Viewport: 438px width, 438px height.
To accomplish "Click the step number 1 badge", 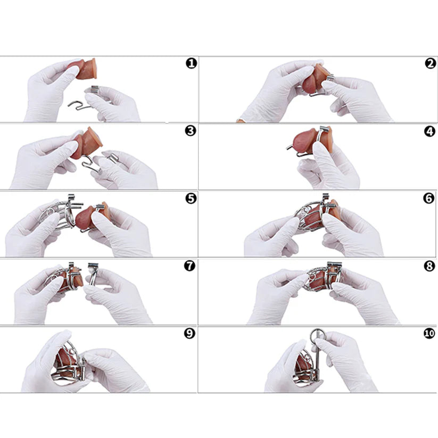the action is [x=191, y=63].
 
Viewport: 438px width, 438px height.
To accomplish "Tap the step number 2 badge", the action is [x=430, y=63].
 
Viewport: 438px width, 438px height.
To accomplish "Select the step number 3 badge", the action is [x=191, y=131].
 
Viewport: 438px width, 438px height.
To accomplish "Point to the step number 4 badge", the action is [x=429, y=131].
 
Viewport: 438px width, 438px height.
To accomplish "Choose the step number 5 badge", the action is [x=191, y=199].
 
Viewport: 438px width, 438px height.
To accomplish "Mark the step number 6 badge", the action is [x=429, y=198].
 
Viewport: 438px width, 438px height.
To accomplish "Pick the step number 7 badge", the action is [x=189, y=266].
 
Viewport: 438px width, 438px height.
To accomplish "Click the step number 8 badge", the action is [x=429, y=266].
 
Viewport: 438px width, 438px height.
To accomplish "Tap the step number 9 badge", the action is [x=189, y=333].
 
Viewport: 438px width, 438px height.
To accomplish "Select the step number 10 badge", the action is [x=429, y=333].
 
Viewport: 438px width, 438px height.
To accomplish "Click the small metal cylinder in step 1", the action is [x=95, y=89].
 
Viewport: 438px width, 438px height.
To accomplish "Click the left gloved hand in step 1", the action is [x=47, y=89].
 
